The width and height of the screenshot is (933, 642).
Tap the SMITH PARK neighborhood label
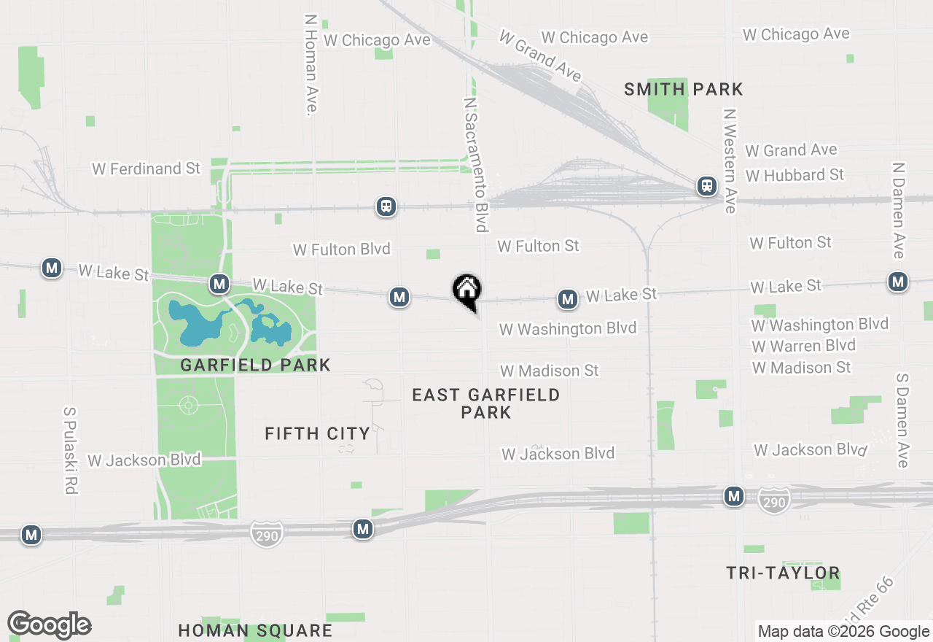pos(683,90)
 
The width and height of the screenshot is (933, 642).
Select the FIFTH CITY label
pos(317,434)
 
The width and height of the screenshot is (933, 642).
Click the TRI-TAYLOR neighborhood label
pos(783,573)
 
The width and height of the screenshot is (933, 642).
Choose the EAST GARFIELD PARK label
pos(486,403)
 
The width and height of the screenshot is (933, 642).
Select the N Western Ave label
pos(729,161)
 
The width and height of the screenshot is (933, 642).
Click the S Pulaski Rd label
pos(70,450)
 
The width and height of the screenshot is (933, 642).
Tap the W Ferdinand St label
pos(146,169)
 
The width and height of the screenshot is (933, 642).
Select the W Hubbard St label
pos(795,176)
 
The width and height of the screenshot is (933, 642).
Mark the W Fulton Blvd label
pos(341,250)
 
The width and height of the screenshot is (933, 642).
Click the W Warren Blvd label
pos(803,346)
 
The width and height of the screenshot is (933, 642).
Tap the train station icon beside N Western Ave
pos(706,186)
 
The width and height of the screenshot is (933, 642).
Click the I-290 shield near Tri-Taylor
pos(773,500)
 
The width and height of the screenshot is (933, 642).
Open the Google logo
pos(49,625)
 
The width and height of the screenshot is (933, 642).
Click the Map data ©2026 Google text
pos(843,632)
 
